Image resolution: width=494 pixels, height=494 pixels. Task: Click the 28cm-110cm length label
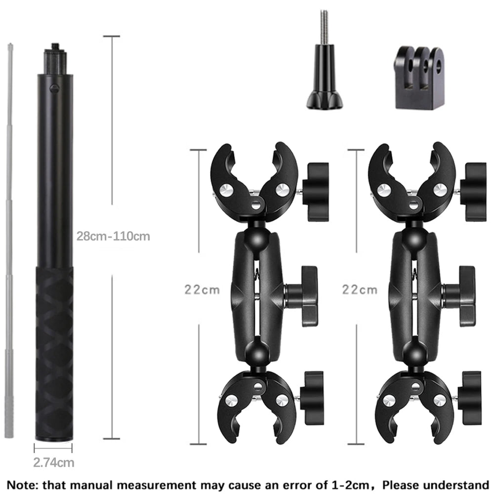click(113, 236)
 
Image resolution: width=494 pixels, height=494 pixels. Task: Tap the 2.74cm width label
click(54, 462)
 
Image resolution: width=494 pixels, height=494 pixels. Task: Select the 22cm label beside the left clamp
click(202, 289)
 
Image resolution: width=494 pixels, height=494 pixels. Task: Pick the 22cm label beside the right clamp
click(360, 289)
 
